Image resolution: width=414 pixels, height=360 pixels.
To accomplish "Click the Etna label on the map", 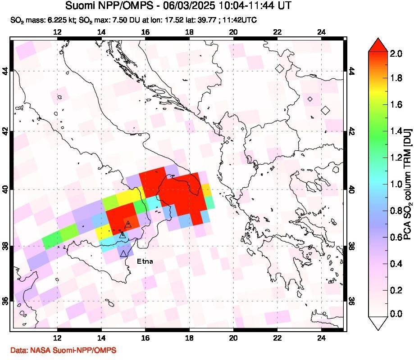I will tap(145, 261).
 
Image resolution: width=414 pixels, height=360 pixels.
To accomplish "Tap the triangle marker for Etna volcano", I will tap(124, 254).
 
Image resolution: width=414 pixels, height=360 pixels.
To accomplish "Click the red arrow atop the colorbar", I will tap(378, 45).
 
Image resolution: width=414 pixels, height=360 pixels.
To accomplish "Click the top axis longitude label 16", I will tap(145, 32).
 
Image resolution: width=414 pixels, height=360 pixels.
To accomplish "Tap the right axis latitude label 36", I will tap(352, 301).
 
